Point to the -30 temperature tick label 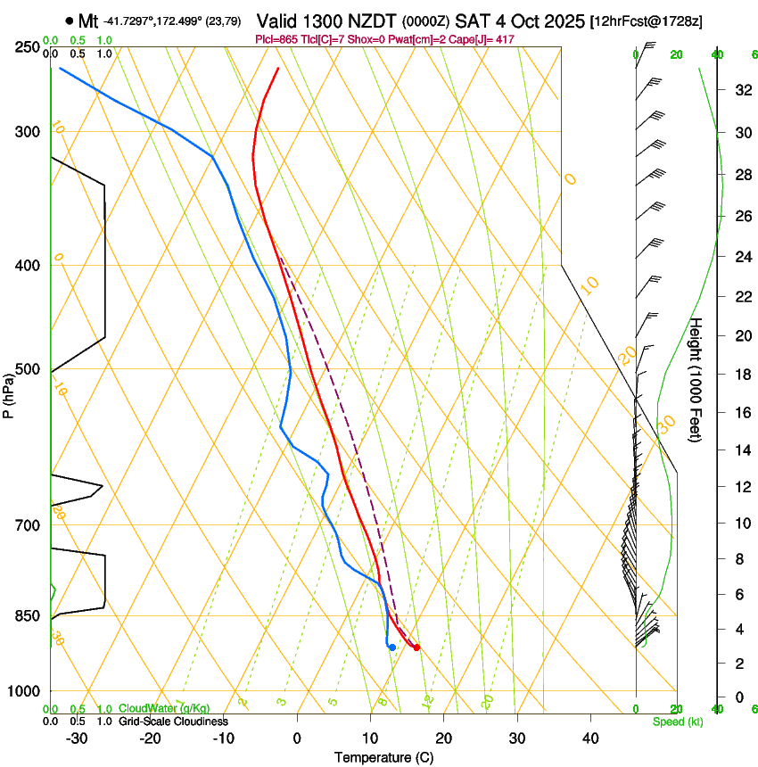(77, 738)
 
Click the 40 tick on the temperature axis (589, 738)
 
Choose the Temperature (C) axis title (383, 757)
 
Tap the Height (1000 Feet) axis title (696, 380)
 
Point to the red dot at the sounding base (416, 647)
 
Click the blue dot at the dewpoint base (392, 647)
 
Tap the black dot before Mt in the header (69, 20)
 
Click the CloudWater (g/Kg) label (165, 709)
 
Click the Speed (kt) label (678, 722)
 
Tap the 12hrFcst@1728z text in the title (647, 21)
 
